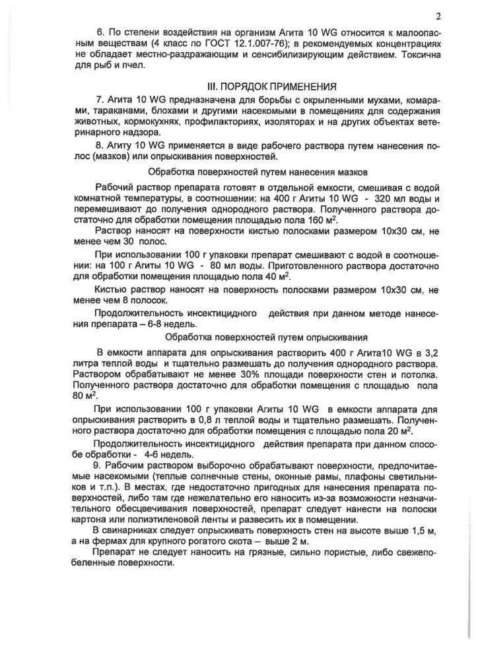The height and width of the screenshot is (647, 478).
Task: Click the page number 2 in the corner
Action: point(438,16)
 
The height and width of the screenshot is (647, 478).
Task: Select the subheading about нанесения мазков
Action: point(257,172)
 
